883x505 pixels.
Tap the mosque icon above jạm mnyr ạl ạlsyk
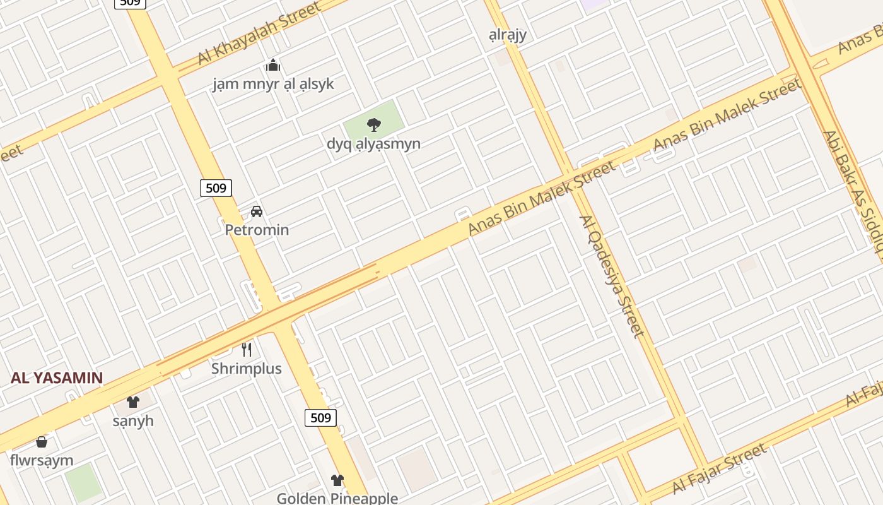point(273,65)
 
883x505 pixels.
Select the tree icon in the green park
point(374,124)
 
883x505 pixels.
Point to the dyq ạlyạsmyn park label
point(373,143)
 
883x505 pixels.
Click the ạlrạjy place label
point(508,35)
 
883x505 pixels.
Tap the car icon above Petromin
point(257,211)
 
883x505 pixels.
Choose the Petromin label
point(257,230)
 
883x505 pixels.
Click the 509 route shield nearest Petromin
point(216,187)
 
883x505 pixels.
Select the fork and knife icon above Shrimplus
point(247,350)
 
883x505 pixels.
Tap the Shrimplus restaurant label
point(247,368)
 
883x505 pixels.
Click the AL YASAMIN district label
point(57,378)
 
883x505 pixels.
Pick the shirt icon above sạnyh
point(133,402)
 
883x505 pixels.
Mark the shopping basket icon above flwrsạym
point(42,442)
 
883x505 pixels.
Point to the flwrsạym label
point(42,460)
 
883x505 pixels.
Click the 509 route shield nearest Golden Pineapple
point(320,417)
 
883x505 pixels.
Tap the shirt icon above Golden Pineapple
point(337,480)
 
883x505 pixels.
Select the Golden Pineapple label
point(337,498)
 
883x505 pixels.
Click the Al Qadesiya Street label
point(611,276)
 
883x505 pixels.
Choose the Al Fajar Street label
point(720,469)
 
